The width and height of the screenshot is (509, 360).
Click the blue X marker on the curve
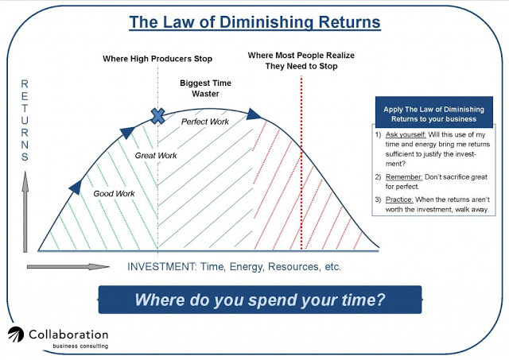pos(157,116)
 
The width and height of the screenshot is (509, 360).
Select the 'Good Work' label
pos(114,194)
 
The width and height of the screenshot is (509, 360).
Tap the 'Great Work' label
pos(156,156)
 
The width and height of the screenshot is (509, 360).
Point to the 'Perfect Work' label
pos(205,122)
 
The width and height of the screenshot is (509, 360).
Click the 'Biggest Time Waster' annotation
pos(205,88)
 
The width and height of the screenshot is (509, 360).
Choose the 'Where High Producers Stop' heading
pos(157,59)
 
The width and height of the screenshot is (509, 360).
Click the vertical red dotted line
pos(301,163)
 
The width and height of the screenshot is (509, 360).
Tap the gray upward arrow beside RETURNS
pos(25,211)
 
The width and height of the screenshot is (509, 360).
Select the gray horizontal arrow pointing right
pos(68,267)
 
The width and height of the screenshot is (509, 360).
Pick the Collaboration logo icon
pos(16,335)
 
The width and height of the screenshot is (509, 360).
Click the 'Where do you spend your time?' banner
pos(260,300)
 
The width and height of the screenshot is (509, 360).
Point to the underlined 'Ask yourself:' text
pos(406,134)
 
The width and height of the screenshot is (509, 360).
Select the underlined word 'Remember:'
pos(404,177)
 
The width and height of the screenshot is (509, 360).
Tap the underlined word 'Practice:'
pos(399,199)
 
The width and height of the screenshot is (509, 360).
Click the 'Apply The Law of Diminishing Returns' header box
pos(434,112)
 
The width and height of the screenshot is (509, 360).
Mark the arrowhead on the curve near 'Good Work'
pos(76,187)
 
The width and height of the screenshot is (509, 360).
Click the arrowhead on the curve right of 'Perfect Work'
pos(253,114)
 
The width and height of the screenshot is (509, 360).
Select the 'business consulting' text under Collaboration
pos(80,346)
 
